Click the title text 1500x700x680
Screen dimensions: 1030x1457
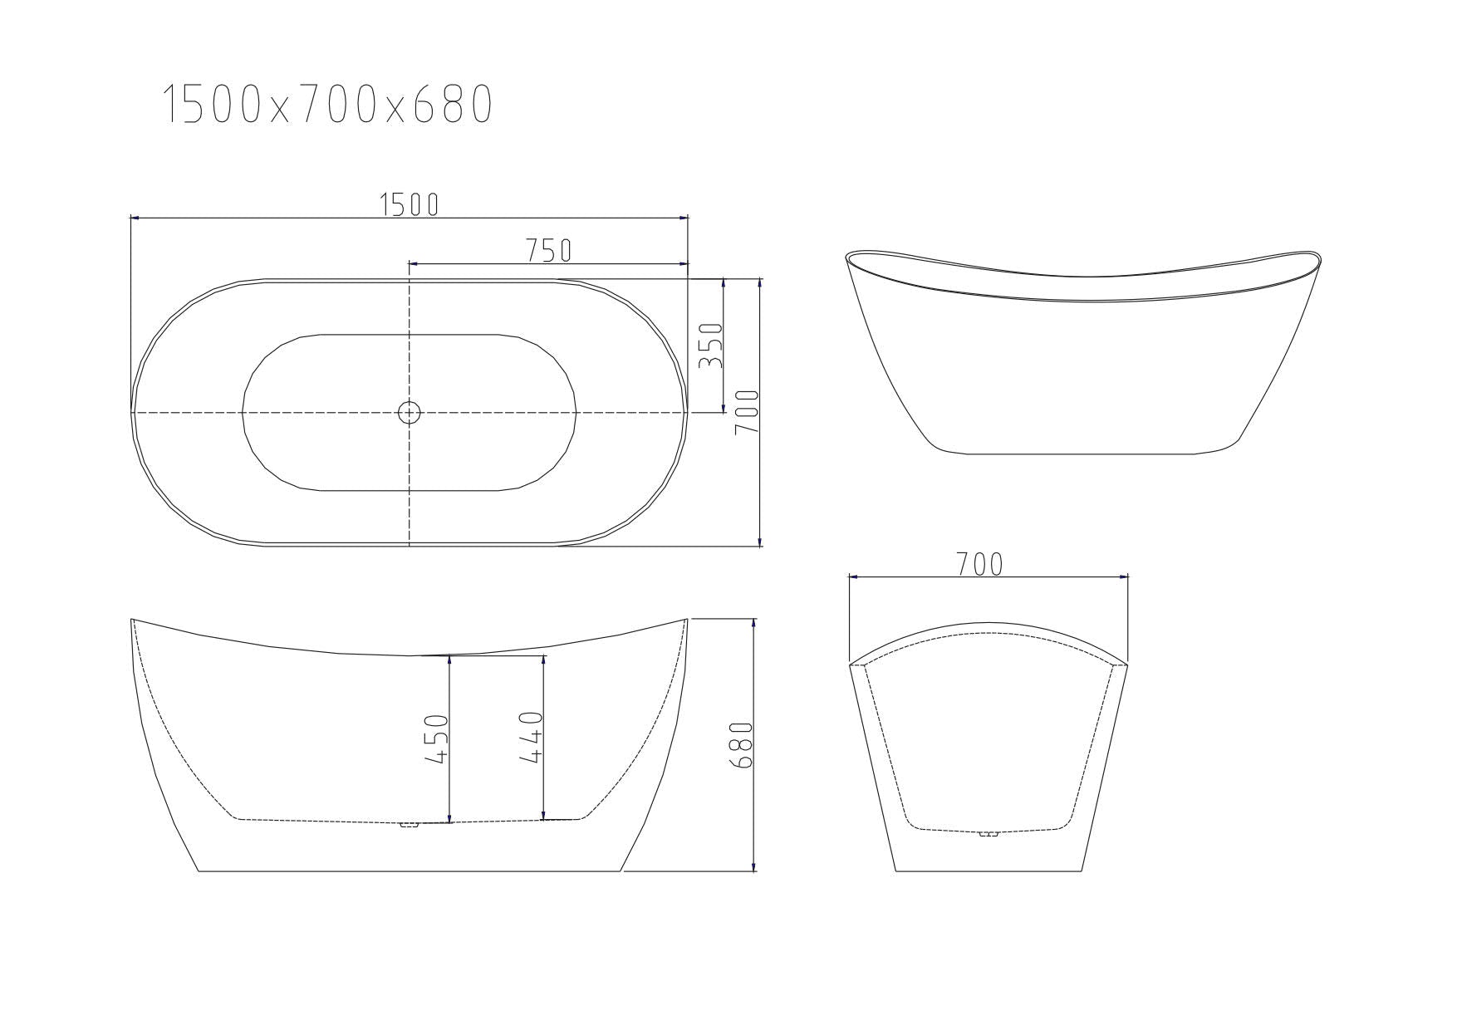327,105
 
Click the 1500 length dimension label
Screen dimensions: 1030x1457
409,204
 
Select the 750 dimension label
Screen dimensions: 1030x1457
548,250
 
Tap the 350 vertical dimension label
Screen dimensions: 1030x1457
711,346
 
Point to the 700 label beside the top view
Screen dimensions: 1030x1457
747,413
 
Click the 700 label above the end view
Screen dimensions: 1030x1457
979,565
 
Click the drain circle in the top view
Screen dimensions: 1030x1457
410,412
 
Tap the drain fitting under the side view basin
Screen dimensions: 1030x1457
409,825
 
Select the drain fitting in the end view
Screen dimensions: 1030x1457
988,832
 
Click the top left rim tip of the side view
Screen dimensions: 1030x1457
133,620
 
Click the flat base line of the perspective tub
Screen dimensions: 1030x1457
1080,454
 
